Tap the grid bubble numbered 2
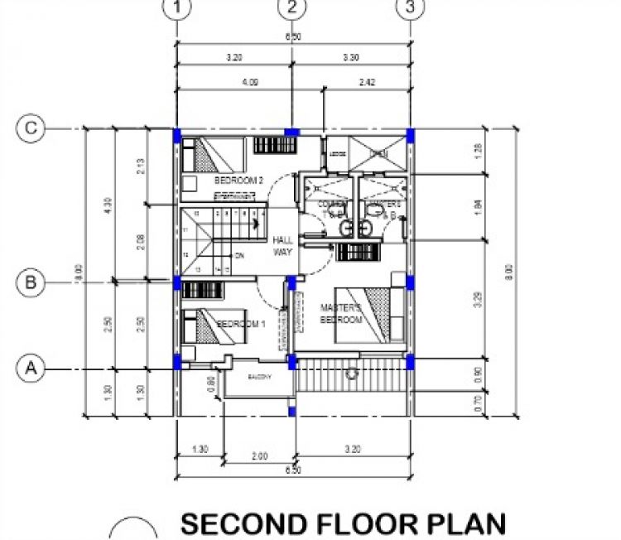point(292,8)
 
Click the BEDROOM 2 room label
point(238,180)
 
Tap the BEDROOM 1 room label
point(240,324)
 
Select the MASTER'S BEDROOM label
point(342,314)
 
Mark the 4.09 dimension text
point(249,82)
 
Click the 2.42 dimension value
point(367,82)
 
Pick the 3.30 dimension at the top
point(351,58)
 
